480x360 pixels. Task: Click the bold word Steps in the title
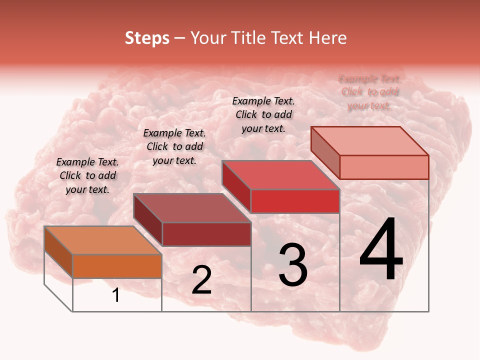coord(147,38)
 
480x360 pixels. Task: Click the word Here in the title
coord(327,38)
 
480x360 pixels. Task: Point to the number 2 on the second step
coord(201,280)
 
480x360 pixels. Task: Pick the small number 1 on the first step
coord(116,295)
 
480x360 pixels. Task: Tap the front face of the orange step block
coord(117,266)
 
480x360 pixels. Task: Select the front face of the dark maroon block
coord(206,234)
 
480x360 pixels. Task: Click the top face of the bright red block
coord(280,175)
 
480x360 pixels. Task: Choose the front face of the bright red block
coord(295,201)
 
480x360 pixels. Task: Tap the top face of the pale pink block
coord(369,141)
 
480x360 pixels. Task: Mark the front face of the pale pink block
coord(384,167)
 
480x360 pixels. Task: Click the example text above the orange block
coord(87,176)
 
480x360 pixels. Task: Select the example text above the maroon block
coord(174,146)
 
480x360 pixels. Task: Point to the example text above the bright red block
coord(263,114)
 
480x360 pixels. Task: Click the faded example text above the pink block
coord(369,92)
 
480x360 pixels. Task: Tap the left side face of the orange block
coord(58,251)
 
